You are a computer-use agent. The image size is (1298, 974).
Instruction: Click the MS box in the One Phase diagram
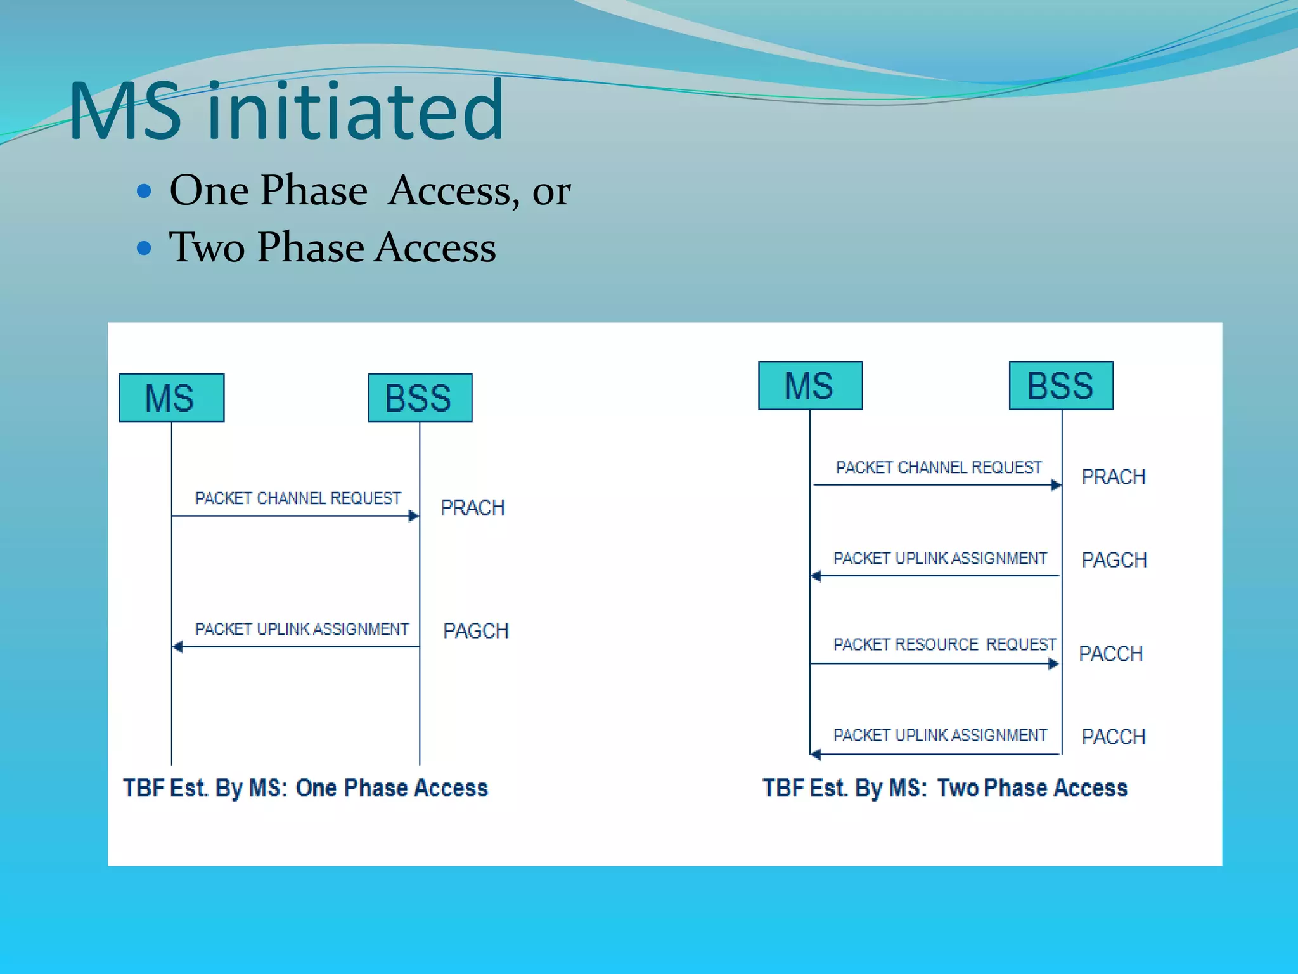tap(171, 398)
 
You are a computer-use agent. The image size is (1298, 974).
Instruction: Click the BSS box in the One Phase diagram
tap(420, 398)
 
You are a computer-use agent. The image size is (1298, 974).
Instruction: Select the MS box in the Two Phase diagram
tap(810, 386)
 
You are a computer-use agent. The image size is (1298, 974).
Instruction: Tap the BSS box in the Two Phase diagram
tap(1060, 386)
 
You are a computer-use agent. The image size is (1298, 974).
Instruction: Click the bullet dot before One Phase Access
tap(145, 190)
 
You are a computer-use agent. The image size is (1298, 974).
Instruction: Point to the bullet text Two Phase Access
tap(332, 247)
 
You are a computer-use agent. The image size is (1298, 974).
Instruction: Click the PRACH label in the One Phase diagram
tap(472, 507)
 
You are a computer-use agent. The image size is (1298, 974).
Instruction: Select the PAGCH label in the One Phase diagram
tap(475, 630)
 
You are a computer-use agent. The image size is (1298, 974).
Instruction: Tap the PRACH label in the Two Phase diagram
tap(1113, 476)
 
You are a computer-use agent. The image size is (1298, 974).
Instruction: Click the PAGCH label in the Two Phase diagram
tap(1114, 559)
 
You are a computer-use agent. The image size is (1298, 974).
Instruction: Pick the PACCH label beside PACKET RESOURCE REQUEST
tap(1110, 653)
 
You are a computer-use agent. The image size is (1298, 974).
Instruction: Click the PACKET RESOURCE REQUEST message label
tap(944, 644)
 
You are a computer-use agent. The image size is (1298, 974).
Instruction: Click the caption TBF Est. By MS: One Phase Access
tap(305, 788)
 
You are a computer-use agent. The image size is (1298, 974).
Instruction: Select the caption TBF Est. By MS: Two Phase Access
tap(944, 788)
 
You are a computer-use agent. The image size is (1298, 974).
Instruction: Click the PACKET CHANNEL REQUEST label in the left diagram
tap(298, 498)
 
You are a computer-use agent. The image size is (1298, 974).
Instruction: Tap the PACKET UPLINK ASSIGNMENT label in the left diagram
tap(302, 629)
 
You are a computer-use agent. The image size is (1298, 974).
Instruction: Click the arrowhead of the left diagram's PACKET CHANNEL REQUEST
tap(414, 516)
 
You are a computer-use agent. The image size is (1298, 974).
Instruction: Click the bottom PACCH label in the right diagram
tap(1113, 736)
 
